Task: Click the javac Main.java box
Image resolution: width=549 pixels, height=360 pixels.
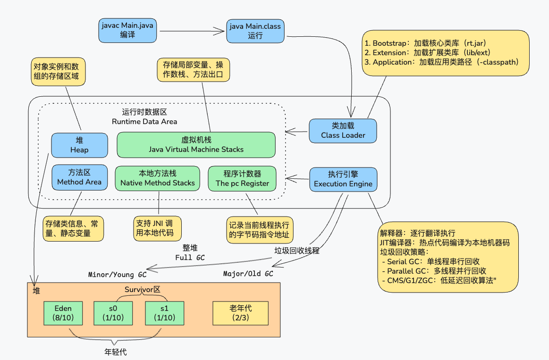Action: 127,30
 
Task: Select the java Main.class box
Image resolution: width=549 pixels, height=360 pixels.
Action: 255,31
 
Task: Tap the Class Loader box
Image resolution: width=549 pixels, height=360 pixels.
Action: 343,131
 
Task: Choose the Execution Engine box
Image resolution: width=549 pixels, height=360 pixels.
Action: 343,179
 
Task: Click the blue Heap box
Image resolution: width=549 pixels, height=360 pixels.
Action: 79,145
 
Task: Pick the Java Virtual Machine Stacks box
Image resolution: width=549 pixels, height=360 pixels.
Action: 196,145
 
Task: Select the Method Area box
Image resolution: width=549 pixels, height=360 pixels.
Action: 79,177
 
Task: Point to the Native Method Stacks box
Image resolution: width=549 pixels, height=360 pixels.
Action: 158,178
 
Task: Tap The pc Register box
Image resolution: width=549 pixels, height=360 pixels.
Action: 242,178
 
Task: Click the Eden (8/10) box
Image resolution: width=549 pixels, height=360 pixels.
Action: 63,313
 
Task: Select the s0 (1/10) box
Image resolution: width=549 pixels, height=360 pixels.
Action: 113,313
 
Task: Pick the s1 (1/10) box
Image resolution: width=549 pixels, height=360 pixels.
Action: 164,313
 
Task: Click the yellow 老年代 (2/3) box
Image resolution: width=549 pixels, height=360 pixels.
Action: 241,313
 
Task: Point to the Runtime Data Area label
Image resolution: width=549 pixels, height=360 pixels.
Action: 144,122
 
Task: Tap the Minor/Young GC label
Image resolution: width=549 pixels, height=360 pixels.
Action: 118,274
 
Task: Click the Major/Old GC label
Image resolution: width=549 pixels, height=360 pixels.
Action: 248,274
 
